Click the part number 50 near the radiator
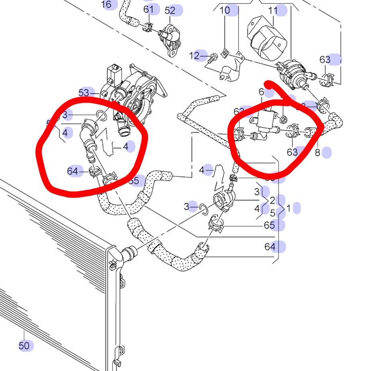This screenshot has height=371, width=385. click(24, 345)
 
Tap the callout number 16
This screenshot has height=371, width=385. click(107, 4)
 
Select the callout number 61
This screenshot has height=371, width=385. click(148, 9)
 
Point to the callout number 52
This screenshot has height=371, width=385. click(170, 10)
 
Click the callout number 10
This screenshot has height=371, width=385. click(225, 10)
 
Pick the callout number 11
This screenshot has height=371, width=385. click(273, 10)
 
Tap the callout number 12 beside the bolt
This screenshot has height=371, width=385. click(195, 56)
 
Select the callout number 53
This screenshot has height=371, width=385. click(84, 93)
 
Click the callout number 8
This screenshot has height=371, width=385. click(317, 153)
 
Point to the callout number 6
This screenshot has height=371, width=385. click(261, 92)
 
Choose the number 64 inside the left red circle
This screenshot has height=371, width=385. click(73, 171)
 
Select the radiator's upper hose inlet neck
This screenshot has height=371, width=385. click(129, 253)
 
